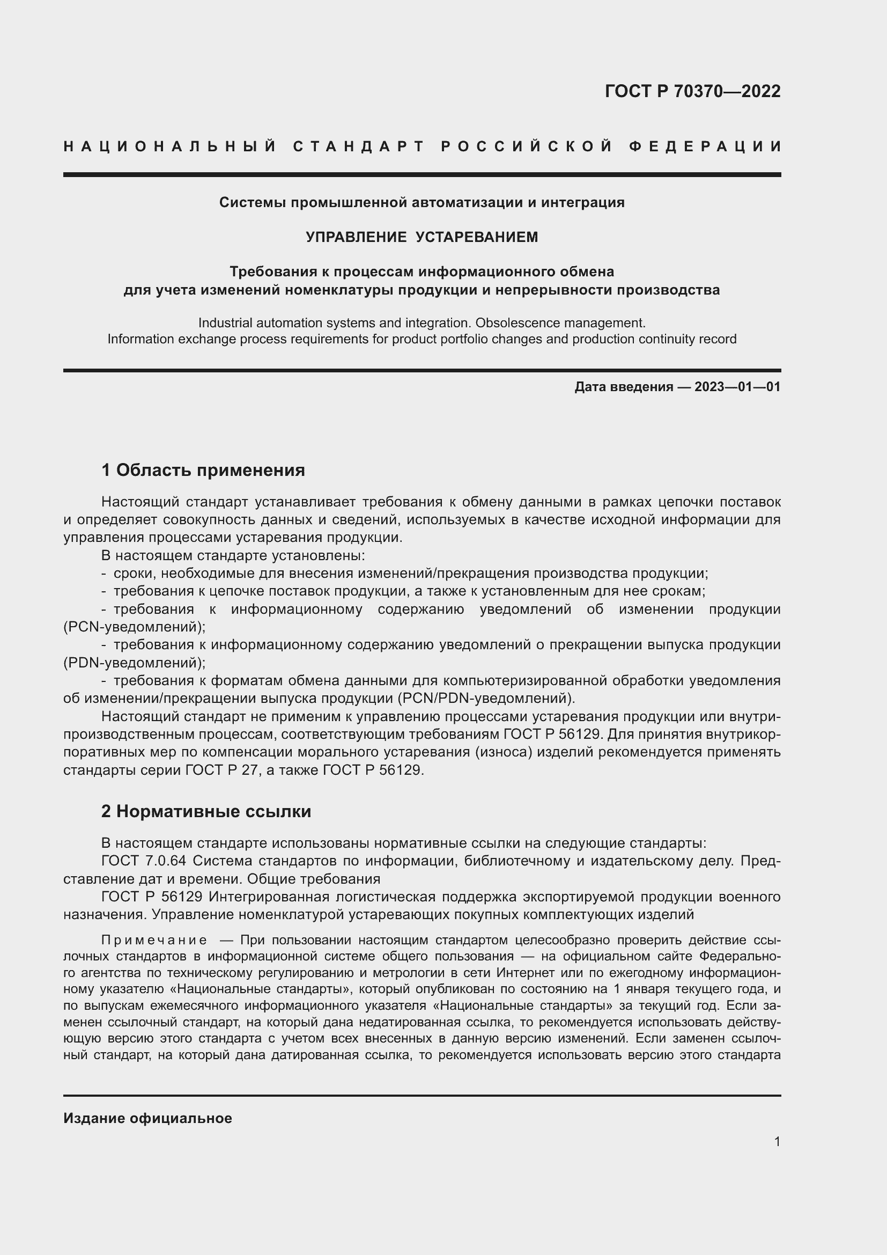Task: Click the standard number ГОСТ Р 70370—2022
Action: (x=692, y=91)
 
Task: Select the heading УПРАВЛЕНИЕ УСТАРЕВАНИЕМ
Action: (x=422, y=237)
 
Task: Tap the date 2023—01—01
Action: (x=737, y=387)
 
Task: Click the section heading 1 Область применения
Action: (x=203, y=470)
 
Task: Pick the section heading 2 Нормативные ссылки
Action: (x=206, y=812)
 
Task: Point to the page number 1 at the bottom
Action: (x=777, y=1141)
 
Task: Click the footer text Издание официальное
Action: (x=147, y=1118)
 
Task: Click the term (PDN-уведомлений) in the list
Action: (x=135, y=663)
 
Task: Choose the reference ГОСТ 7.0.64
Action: (x=144, y=861)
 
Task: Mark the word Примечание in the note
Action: (x=154, y=941)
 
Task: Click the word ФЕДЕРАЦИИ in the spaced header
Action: (x=705, y=146)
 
